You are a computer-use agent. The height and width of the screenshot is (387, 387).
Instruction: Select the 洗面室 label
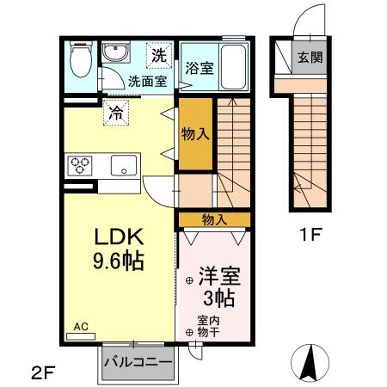tap(146, 82)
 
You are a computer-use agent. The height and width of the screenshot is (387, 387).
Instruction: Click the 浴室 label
tap(200, 70)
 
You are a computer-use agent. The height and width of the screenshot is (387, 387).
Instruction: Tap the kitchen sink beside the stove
tap(123, 165)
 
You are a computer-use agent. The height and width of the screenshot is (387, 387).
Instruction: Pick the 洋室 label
tap(218, 277)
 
